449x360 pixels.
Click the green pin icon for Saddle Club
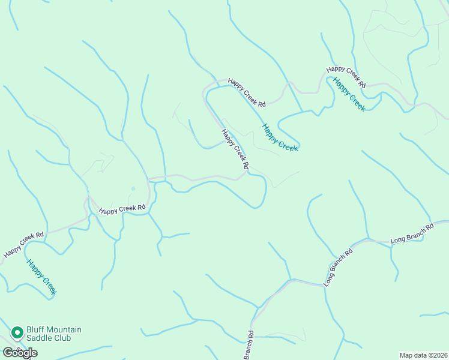17,332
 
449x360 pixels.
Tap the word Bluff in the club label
35,330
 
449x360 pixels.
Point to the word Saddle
39,338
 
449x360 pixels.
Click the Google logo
20,353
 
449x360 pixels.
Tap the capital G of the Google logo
7,353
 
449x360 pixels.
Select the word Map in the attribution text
406,355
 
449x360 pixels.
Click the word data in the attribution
421,355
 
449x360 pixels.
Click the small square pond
133,188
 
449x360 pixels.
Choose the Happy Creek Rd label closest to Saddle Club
23,245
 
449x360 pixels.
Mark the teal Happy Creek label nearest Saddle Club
41,276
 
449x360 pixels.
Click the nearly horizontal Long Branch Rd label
412,235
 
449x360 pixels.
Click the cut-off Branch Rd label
249,346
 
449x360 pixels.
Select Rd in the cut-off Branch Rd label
251,334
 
